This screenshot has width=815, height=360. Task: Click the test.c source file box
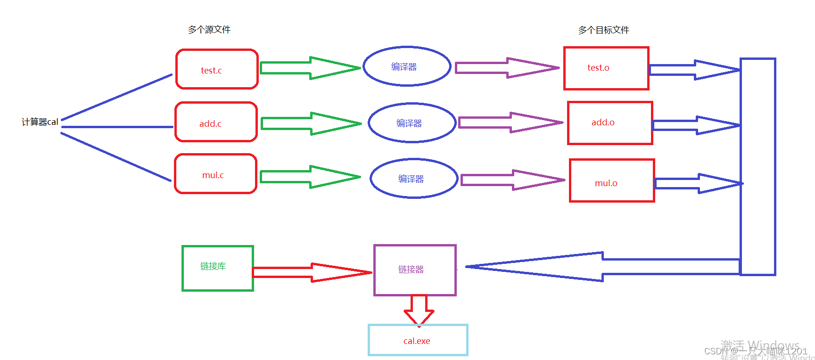[217, 69]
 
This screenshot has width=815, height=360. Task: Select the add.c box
[216, 122]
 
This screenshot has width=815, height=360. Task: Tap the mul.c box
[215, 174]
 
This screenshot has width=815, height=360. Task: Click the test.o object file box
[606, 68]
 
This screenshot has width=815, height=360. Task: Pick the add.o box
[610, 123]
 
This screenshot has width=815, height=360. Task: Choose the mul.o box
[612, 181]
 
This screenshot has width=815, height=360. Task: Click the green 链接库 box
[218, 268]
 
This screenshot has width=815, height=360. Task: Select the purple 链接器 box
[415, 270]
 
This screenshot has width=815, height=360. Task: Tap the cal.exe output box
[418, 340]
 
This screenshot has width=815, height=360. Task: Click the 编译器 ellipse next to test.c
[407, 66]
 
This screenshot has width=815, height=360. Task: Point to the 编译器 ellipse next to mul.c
[414, 179]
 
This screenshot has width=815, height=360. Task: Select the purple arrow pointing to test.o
[507, 68]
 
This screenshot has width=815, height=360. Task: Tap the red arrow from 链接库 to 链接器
[312, 272]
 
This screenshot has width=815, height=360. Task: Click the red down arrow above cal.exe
[419, 310]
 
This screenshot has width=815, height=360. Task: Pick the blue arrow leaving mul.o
[698, 183]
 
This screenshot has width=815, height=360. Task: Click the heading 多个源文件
[209, 30]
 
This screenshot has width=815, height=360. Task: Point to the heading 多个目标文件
[604, 30]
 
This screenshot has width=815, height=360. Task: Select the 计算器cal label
[40, 122]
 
